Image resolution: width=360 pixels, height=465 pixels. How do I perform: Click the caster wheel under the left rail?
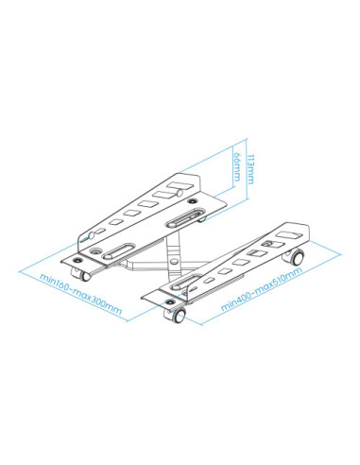coord(81,275)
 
